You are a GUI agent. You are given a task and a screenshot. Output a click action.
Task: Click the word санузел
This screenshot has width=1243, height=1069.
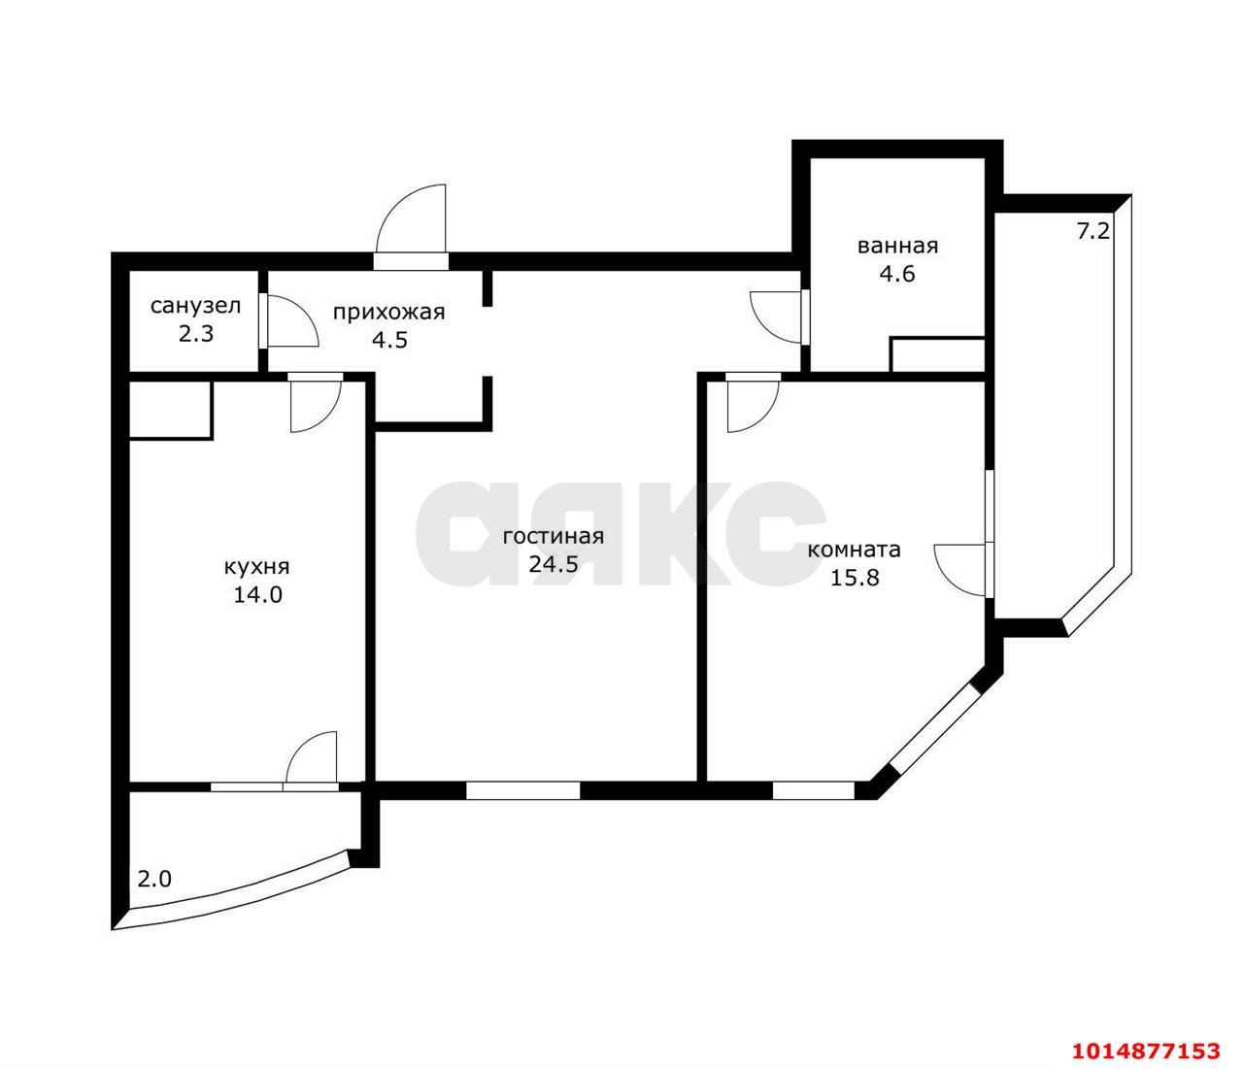click(195, 306)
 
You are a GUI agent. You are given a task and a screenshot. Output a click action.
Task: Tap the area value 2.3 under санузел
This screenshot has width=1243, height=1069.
click(196, 334)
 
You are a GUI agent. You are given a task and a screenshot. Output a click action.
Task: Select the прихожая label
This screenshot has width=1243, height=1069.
click(389, 313)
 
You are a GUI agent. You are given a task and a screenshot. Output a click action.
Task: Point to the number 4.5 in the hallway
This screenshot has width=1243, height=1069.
click(389, 340)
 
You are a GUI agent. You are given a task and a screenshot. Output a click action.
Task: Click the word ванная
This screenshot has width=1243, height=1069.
click(897, 246)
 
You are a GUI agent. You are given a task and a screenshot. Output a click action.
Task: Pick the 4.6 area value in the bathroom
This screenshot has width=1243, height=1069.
click(897, 274)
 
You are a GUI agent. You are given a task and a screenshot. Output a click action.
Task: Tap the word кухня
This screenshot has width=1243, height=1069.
click(256, 566)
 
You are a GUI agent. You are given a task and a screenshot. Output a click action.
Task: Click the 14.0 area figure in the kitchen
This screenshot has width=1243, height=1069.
click(257, 594)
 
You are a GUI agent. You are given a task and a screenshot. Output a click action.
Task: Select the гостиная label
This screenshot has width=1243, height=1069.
click(554, 537)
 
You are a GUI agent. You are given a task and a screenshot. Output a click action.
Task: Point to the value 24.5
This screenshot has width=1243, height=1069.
click(554, 564)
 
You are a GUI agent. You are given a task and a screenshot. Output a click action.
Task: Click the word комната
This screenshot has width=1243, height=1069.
click(854, 550)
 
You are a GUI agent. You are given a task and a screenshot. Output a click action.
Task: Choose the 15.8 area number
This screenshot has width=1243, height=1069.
click(855, 578)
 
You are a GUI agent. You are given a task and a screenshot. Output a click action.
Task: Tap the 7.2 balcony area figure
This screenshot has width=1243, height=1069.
click(1092, 231)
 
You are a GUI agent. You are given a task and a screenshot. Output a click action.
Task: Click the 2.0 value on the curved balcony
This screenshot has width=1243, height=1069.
click(154, 880)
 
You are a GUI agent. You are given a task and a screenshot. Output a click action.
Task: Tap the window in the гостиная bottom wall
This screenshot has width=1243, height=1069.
click(522, 790)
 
